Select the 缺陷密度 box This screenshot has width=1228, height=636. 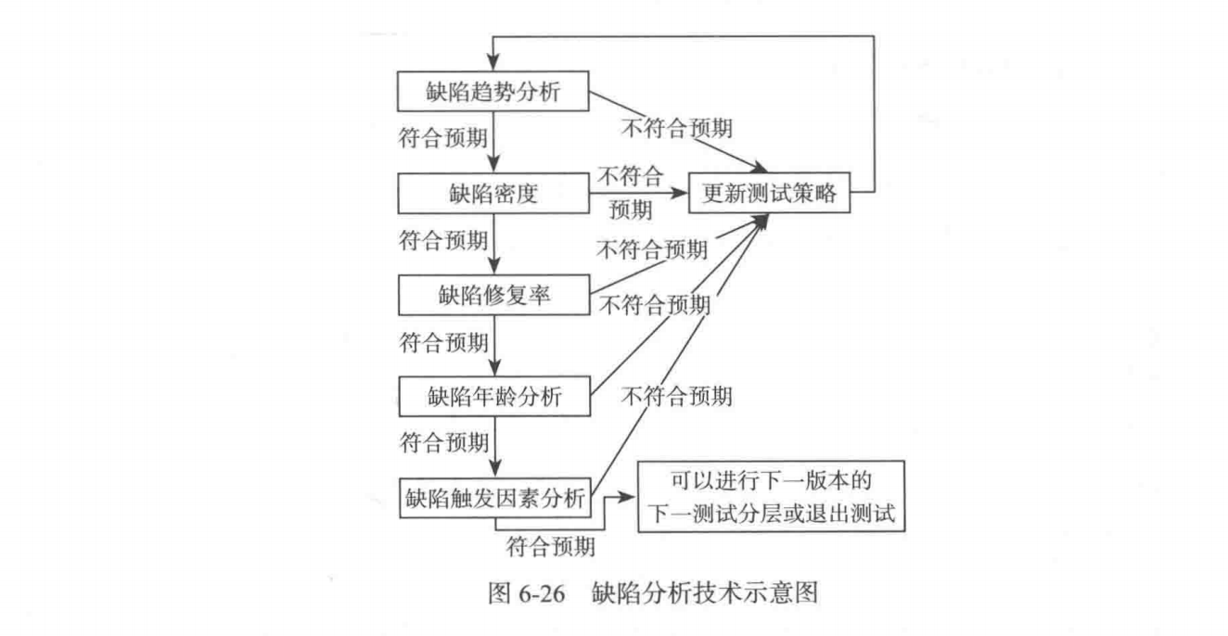coord(493,193)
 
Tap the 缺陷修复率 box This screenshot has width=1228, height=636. coord(493,295)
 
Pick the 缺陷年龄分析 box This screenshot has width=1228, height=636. coord(493,397)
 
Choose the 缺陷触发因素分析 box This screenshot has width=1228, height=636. coord(493,497)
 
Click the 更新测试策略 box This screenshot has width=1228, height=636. coord(769,194)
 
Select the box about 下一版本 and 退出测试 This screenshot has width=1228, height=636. coord(770,500)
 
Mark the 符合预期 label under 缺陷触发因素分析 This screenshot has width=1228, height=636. coord(551,547)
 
